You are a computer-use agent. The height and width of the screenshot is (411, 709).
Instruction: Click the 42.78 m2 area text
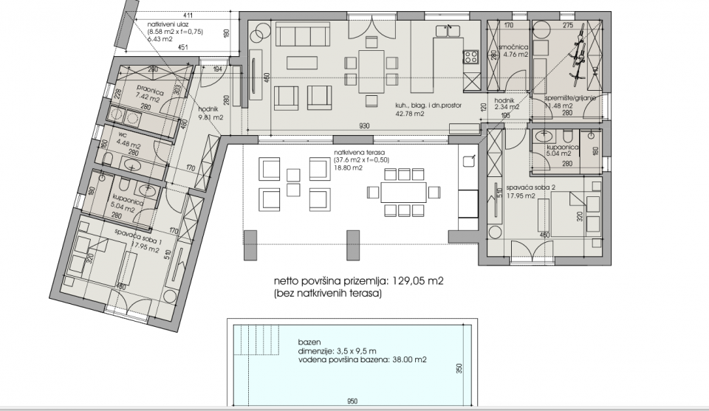[408, 114]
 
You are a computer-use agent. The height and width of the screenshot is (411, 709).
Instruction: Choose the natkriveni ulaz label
[170, 24]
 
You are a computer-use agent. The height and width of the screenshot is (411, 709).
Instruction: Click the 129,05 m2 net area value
[416, 281]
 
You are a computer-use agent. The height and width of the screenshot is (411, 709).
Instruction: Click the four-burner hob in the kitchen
[469, 56]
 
